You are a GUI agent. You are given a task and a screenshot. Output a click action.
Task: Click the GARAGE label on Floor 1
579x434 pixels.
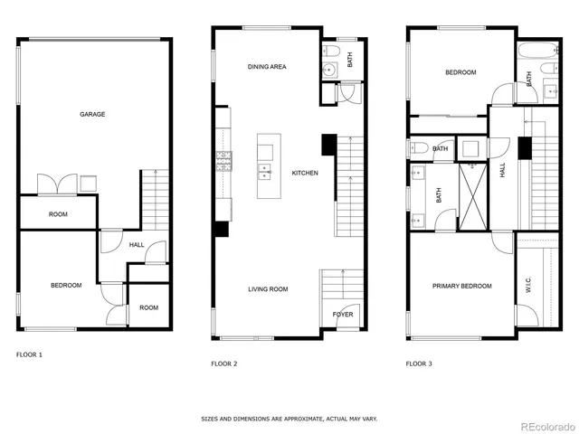pyautogui.click(x=92, y=114)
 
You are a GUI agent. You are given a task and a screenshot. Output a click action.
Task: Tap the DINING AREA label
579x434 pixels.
pyautogui.click(x=267, y=67)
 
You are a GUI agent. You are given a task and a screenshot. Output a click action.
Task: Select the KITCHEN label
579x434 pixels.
pyautogui.click(x=304, y=173)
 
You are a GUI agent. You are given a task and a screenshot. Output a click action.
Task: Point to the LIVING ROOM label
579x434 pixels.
pyautogui.click(x=268, y=289)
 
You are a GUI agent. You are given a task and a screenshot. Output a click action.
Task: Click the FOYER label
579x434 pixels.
pyautogui.click(x=343, y=315)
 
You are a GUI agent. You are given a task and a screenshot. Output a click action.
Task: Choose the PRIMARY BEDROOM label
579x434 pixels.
pyautogui.click(x=461, y=286)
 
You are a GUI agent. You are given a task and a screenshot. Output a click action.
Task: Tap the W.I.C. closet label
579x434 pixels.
pyautogui.click(x=527, y=285)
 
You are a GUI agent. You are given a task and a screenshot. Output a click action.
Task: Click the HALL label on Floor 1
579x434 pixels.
pyautogui.click(x=137, y=244)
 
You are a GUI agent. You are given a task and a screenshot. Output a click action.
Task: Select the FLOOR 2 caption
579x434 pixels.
pyautogui.click(x=223, y=363)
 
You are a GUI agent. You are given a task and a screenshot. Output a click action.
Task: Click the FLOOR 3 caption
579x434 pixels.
pyautogui.click(x=419, y=363)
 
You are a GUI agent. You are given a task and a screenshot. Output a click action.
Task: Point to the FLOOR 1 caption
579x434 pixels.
pyautogui.click(x=29, y=354)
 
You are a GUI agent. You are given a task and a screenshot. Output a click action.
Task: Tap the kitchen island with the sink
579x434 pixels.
pyautogui.click(x=268, y=166)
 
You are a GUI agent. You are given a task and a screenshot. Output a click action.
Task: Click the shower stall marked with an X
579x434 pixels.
pyautogui.click(x=470, y=194)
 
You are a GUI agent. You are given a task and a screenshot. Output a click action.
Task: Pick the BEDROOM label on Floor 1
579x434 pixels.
pyautogui.click(x=65, y=286)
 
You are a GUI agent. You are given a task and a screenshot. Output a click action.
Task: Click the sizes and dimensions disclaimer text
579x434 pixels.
pyautogui.click(x=289, y=419)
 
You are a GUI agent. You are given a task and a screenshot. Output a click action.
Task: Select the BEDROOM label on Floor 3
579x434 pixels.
pyautogui.click(x=460, y=72)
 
